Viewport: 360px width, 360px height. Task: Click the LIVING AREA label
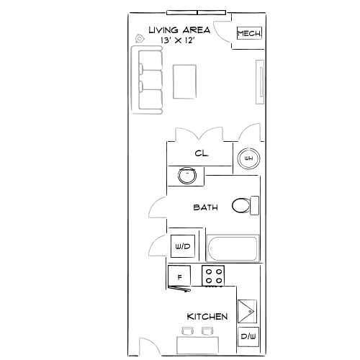(x=179, y=30)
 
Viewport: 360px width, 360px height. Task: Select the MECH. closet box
(x=249, y=35)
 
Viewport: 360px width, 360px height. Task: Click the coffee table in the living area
(x=185, y=81)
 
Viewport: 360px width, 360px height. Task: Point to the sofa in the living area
(x=146, y=80)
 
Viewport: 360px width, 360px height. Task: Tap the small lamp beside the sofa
(x=140, y=40)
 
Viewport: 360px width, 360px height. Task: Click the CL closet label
(x=201, y=153)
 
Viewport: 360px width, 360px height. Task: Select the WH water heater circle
(x=248, y=158)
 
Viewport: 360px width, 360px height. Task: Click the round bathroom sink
(x=187, y=174)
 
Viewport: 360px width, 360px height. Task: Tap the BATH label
(x=205, y=207)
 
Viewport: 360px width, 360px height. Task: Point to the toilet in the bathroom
(x=245, y=207)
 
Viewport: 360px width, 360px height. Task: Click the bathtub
(x=232, y=249)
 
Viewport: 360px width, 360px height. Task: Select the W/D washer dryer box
(x=182, y=247)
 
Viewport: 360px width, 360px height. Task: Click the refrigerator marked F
(x=179, y=276)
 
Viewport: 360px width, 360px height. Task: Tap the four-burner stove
(x=214, y=276)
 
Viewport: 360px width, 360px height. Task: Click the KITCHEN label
(x=207, y=316)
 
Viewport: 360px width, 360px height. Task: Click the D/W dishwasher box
(x=248, y=336)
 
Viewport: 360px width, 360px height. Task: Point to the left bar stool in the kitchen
(x=188, y=330)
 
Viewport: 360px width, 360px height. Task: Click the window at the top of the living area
(x=197, y=12)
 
